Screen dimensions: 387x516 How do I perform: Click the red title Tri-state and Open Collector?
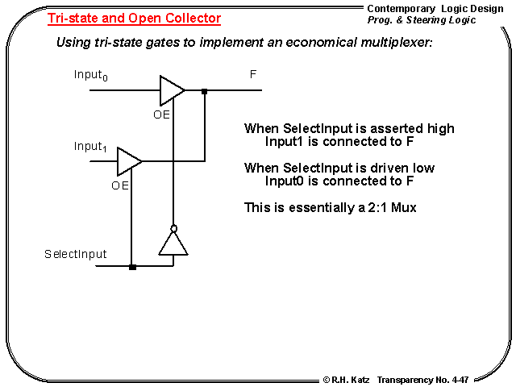[x=134, y=18]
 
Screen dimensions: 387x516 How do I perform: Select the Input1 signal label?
[x=89, y=147]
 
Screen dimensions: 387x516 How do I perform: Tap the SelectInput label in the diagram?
[x=76, y=254]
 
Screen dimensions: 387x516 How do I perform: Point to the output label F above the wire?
[x=253, y=74]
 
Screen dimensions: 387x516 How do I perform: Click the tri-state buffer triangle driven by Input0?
[x=171, y=90]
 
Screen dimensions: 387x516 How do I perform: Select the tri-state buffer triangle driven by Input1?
[x=128, y=161]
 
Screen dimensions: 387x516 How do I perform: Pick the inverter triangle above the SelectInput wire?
[x=173, y=243]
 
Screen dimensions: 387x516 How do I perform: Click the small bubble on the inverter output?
[x=173, y=228]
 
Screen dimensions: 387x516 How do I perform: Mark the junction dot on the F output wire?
[x=205, y=91]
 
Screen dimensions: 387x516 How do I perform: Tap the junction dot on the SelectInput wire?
[x=132, y=267]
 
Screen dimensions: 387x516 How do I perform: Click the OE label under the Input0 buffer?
[x=162, y=114]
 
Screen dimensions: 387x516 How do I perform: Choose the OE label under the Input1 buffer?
[x=120, y=185]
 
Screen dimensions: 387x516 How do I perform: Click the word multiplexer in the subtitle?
[x=394, y=42]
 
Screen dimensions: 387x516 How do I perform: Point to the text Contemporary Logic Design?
[x=435, y=8]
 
